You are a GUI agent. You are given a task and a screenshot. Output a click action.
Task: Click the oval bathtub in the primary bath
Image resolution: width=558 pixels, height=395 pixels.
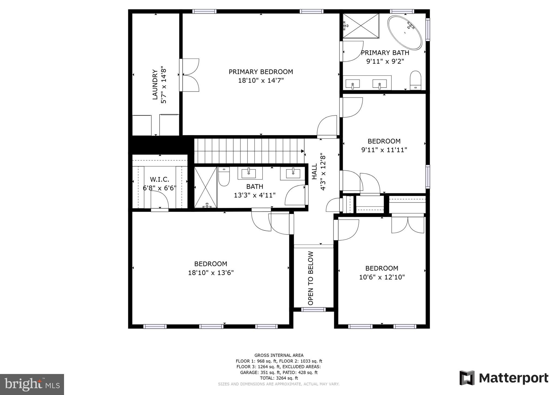tap(405, 33)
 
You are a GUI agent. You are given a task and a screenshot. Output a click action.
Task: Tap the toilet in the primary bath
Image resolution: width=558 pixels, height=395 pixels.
tap(415, 80)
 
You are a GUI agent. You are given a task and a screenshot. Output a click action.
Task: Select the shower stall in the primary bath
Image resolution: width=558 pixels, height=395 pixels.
tap(361, 26)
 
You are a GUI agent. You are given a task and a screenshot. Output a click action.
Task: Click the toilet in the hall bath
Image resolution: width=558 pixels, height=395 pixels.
tap(224, 177)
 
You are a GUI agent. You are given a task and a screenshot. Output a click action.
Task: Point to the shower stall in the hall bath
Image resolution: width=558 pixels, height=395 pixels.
tap(205, 187)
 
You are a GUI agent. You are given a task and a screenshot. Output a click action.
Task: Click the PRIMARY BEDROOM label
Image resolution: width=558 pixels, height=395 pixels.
tap(261, 72)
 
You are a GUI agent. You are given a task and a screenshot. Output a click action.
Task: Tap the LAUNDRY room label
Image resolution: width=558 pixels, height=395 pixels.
tap(155, 85)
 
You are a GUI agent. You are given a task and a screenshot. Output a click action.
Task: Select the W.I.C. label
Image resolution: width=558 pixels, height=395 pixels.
tap(160, 179)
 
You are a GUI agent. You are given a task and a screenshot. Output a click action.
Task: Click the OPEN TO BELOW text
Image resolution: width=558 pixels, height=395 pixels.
tap(311, 278)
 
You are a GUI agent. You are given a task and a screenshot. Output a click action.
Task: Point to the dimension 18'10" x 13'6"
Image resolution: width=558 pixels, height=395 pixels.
tap(211, 273)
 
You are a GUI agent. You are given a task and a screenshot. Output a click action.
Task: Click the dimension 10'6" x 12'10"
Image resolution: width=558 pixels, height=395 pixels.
tap(382, 277)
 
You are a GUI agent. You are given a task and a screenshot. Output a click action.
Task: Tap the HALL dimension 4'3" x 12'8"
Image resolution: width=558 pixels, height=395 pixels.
tap(323, 172)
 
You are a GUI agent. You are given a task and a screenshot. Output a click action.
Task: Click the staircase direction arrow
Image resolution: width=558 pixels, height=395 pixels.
tap(302, 151)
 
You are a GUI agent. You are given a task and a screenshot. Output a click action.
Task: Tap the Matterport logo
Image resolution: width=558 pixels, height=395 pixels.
tap(504, 378)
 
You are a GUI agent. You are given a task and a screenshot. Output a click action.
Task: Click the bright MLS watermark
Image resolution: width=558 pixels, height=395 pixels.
tap(32, 384)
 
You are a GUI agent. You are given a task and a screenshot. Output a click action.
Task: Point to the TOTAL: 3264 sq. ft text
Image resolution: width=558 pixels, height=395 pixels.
tap(279, 378)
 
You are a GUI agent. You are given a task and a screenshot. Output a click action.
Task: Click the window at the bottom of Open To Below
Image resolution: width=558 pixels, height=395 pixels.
tap(313, 309)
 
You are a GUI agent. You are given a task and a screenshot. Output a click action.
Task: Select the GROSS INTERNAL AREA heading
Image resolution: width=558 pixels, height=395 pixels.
tap(279, 355)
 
